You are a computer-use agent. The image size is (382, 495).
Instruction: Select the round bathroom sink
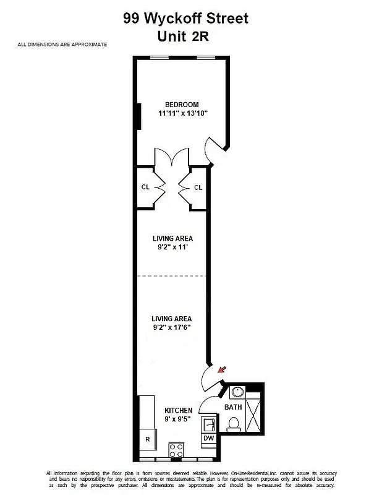(x=237, y=392)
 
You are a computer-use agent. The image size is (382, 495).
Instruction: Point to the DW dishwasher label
(x=209, y=438)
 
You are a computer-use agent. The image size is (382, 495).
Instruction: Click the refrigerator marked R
(x=147, y=439)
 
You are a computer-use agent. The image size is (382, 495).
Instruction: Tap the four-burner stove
(x=177, y=449)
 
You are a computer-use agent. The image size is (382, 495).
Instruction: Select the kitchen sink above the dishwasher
(x=209, y=424)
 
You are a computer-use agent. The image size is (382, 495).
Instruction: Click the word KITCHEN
(x=178, y=410)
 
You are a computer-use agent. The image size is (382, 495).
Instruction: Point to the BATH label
(x=233, y=407)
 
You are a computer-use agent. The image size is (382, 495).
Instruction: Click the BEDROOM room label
(x=182, y=104)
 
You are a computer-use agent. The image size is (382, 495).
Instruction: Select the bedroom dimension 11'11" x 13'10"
(x=182, y=113)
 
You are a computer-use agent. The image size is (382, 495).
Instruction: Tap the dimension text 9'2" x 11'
(x=173, y=247)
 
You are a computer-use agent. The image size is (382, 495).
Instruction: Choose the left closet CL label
(x=145, y=187)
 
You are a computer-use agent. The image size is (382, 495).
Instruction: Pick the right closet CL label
(x=198, y=187)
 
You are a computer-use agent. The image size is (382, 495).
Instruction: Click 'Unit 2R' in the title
(x=184, y=37)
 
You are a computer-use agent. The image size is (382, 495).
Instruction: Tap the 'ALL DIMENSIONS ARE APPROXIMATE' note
(x=62, y=45)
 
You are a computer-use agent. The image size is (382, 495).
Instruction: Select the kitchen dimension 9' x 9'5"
(x=178, y=420)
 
